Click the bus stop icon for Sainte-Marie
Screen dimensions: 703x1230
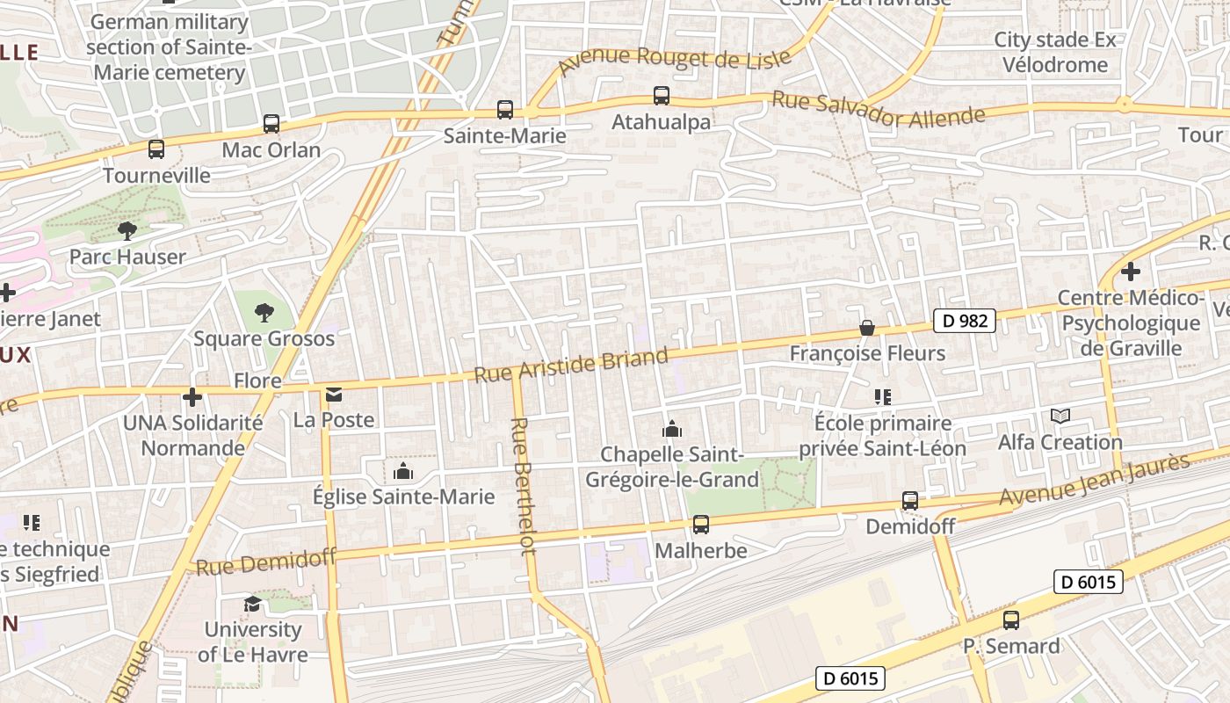[x=504, y=110]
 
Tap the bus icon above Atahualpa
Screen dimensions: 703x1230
[x=661, y=96]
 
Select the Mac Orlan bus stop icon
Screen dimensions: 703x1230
[x=271, y=124]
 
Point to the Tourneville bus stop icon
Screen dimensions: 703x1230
[x=156, y=149]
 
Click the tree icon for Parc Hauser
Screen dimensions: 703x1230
[x=127, y=231]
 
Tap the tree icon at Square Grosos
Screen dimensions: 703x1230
[x=264, y=312]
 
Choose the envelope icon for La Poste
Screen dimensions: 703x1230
[x=334, y=395]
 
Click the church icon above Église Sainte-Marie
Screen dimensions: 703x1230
[x=403, y=472]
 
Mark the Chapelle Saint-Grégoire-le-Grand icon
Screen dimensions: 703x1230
[x=672, y=429]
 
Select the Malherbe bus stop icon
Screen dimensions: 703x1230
[x=700, y=525]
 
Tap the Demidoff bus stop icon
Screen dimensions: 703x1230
[x=909, y=501]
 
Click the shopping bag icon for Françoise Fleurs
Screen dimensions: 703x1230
[x=866, y=328]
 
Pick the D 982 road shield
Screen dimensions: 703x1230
[x=964, y=321]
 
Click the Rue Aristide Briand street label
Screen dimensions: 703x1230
[x=571, y=365]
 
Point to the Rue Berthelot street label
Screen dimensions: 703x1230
[x=522, y=486]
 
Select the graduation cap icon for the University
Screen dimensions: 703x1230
[x=252, y=604]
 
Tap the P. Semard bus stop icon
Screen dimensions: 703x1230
[x=1011, y=620]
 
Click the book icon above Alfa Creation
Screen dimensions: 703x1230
[x=1060, y=417]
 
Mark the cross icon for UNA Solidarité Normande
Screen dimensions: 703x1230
[x=192, y=397]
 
